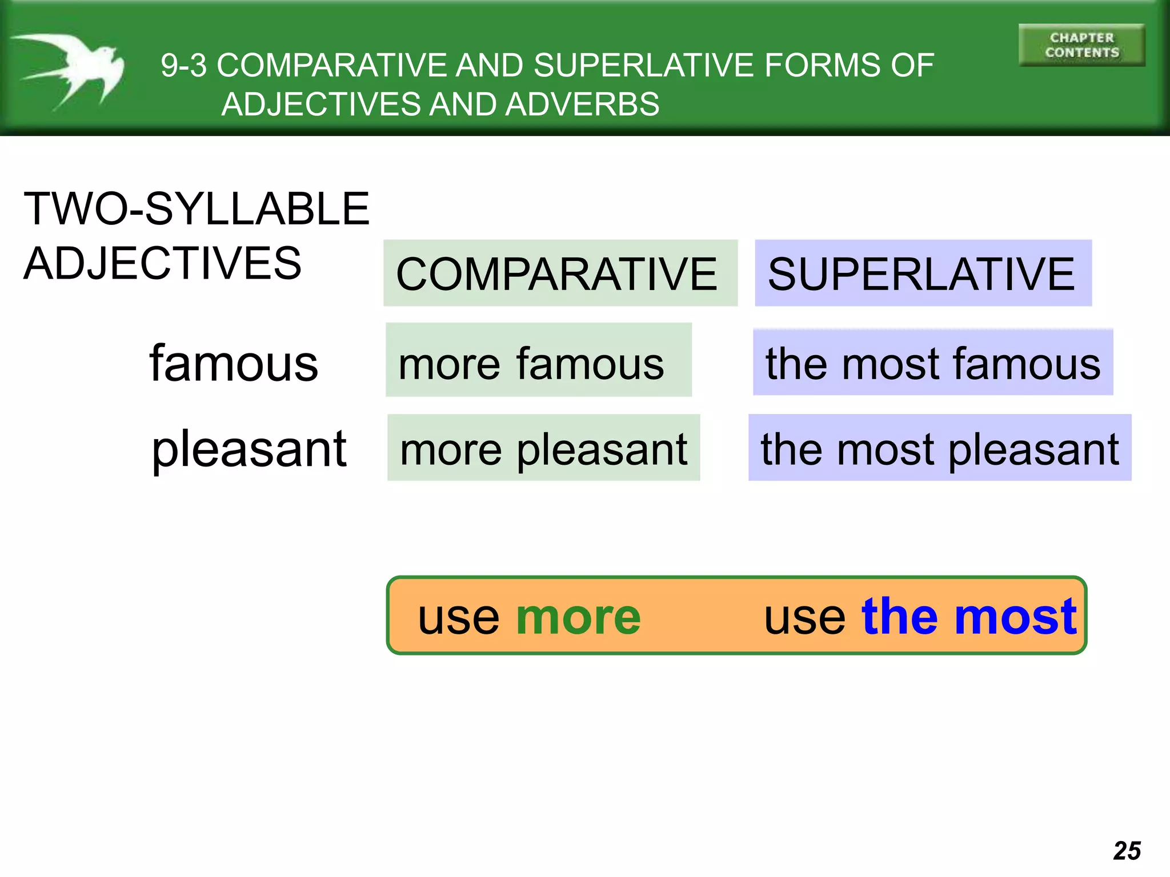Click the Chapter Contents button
coord(1081,45)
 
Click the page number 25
coord(1127,851)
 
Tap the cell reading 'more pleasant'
coord(543,448)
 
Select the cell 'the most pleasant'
coord(939,448)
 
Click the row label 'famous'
coord(233,364)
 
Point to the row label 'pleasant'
coord(249,449)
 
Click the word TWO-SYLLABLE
coord(197,209)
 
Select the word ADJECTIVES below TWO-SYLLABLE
coord(162,263)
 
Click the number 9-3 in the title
coord(183,65)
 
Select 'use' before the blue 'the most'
coord(804,618)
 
